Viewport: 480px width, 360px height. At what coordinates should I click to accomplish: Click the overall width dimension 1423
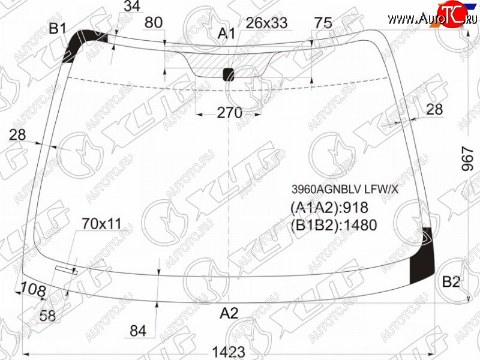[229, 352]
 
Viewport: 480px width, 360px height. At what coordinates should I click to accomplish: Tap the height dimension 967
[467, 158]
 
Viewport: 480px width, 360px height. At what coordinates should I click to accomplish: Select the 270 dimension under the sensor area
[230, 113]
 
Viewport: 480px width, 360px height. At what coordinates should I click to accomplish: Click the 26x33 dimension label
[266, 23]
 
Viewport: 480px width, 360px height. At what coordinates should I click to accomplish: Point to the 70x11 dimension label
[101, 224]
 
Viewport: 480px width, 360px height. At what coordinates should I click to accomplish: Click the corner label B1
[58, 29]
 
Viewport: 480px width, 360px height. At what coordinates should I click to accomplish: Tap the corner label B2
[451, 281]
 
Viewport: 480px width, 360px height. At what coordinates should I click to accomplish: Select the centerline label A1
[226, 34]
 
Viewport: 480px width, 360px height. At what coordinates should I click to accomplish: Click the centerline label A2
[229, 313]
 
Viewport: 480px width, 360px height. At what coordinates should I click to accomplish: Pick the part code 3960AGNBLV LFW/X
[345, 190]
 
